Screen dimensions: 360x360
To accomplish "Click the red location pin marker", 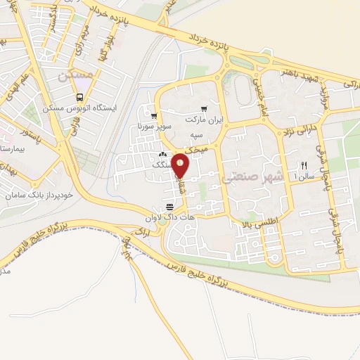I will pos(181,165).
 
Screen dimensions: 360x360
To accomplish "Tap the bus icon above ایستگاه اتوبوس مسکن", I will pos(80,98).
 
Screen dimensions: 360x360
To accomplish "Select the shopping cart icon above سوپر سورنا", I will pos(153,117).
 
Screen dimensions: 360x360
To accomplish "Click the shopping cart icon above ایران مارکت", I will pos(204,108).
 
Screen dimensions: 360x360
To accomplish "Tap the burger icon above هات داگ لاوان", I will pos(169,206).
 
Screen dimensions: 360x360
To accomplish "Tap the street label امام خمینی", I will pos(257,94).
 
